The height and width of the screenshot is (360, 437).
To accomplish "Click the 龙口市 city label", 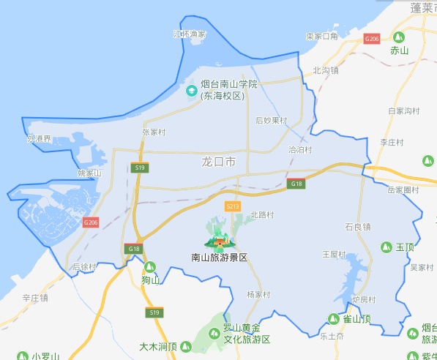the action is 218,161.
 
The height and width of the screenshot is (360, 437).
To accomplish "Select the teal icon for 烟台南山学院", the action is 191,90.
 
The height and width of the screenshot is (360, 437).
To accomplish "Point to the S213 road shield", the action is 233,206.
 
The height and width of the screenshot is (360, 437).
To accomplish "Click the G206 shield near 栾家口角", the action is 372,38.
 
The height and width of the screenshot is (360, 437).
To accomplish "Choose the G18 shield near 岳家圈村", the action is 296,183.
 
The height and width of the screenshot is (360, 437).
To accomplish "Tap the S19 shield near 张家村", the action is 141,168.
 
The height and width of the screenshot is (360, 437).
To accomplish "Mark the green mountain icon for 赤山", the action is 399,37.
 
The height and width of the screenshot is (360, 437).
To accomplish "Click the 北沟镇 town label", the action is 325,71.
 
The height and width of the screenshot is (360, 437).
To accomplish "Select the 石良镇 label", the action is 357,226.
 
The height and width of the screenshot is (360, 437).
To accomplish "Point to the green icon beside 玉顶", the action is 386,247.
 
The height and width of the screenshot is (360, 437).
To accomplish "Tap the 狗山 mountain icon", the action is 150,267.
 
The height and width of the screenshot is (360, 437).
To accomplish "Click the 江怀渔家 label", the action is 189,34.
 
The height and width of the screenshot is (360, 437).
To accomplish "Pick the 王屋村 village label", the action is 334,254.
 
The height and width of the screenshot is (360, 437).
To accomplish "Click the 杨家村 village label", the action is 258,294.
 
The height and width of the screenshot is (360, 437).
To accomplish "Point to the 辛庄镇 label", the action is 34,298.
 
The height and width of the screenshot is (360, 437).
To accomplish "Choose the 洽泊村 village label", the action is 300,149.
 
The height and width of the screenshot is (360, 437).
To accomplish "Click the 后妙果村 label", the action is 271,120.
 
